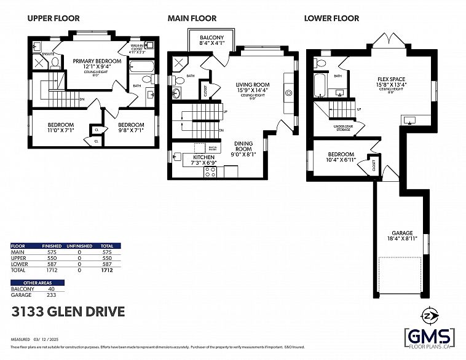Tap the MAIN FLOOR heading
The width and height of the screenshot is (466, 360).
191,18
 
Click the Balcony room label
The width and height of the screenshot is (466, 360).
211,38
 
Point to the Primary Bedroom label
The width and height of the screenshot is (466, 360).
97,61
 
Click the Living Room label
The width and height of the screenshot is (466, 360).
253,85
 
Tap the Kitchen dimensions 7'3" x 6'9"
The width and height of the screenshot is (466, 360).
203,163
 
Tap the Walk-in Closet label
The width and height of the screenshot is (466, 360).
138,48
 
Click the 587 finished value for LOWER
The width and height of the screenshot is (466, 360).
51,264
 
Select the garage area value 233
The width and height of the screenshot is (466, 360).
51,294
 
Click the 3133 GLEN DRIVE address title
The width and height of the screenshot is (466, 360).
68,312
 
